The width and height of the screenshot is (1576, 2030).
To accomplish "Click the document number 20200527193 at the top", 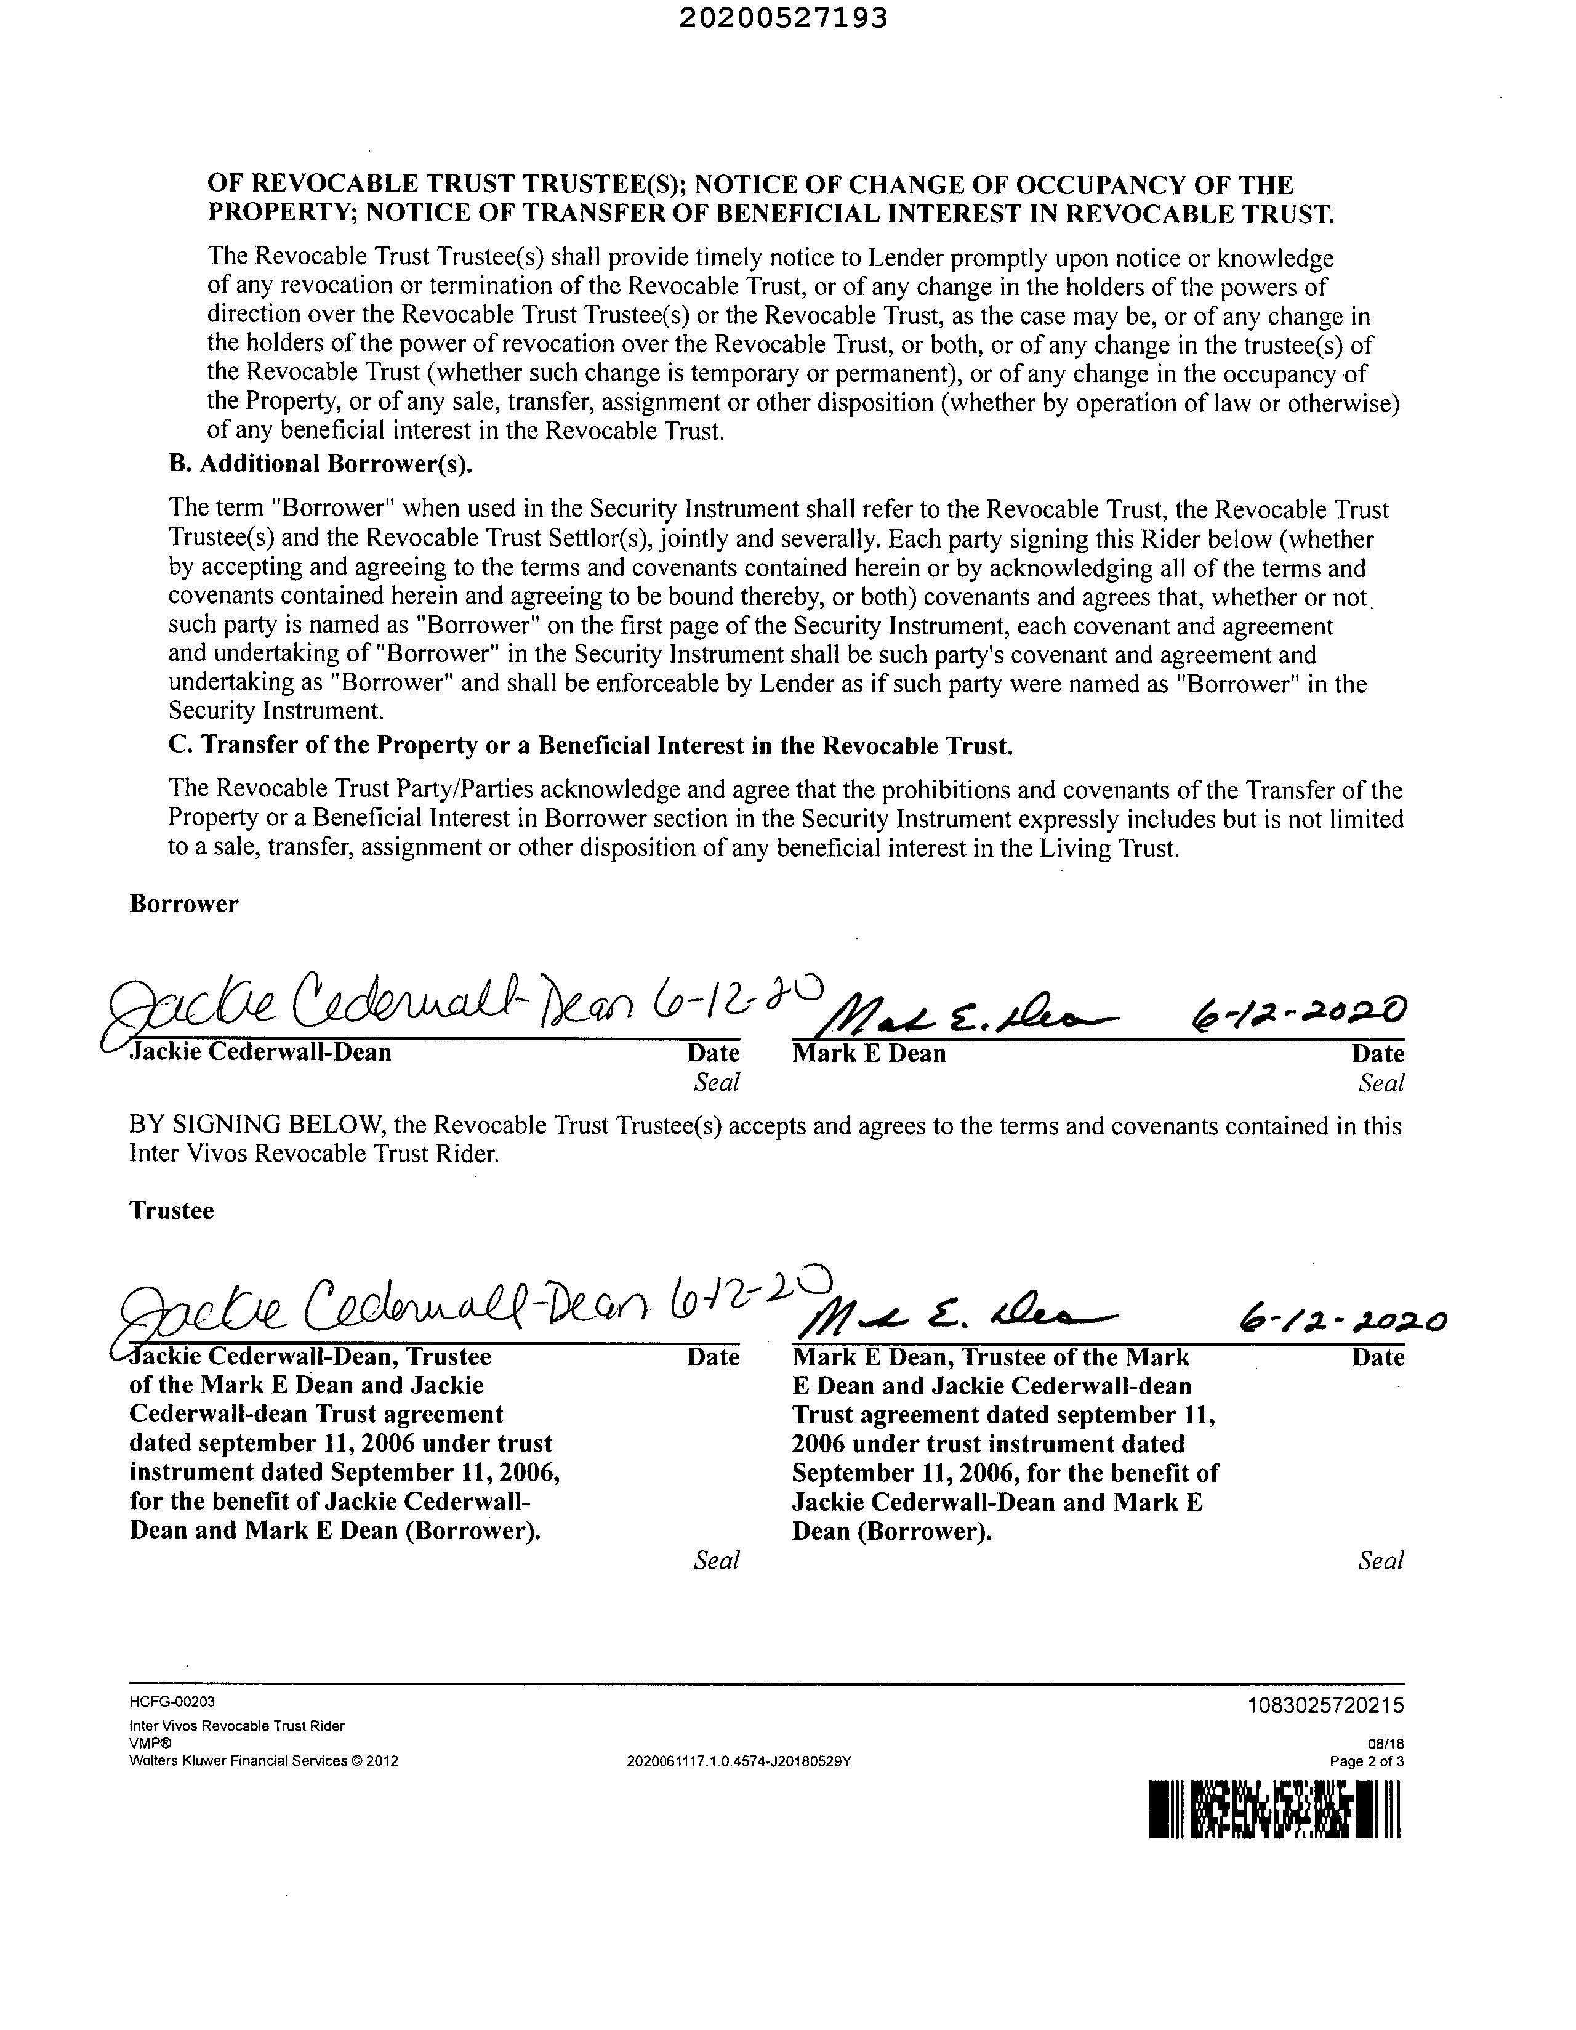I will point(782,18).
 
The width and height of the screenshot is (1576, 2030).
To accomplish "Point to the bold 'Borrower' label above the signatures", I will point(184,904).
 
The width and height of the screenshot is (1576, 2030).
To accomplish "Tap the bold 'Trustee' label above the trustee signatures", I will point(172,1210).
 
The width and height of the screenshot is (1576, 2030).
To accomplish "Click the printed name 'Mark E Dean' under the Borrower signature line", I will point(869,1054).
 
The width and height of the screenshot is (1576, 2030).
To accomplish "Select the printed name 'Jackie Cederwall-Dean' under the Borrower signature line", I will point(260,1053).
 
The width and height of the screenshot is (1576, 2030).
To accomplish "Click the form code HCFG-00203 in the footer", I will point(172,1702).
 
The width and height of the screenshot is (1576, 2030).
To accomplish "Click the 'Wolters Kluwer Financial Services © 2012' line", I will point(264,1760).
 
